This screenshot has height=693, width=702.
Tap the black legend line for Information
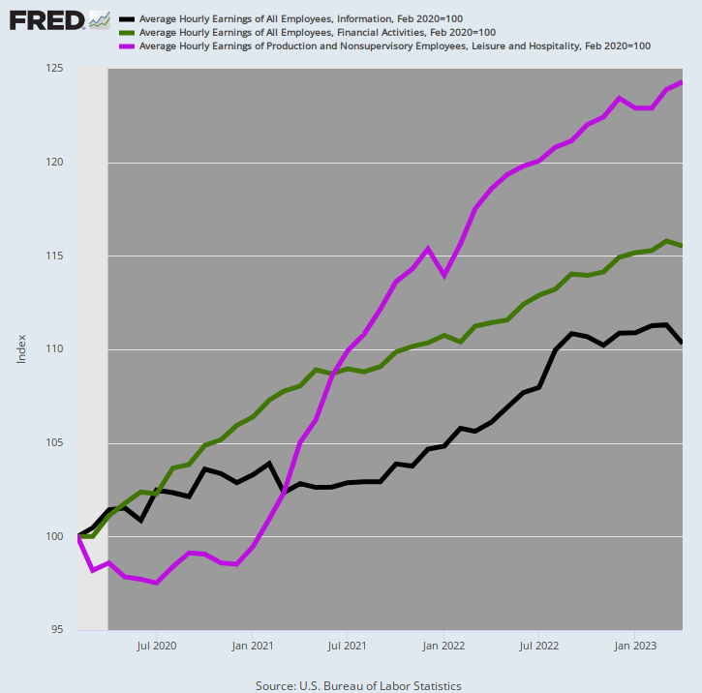126,19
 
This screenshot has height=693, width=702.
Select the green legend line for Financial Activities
126,32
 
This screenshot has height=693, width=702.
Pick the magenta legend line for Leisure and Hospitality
126,45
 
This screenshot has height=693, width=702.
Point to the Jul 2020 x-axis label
157,644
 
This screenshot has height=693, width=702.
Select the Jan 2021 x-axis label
252,644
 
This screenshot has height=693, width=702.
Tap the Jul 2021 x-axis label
348,644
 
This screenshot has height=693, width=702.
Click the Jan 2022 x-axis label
443,644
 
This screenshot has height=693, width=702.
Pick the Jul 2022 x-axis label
538,644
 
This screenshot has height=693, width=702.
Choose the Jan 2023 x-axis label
633,644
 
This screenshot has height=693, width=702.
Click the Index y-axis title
21,349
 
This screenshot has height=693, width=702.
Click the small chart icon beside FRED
99,19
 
